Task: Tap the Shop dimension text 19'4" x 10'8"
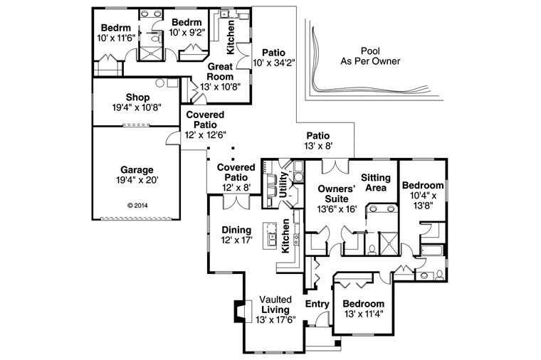137,107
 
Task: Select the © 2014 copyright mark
137,206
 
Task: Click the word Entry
317,304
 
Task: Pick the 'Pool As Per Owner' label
370,56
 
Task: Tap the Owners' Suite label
337,194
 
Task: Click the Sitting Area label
376,183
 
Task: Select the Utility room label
283,185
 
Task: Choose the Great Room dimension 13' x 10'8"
220,87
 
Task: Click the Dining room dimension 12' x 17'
236,240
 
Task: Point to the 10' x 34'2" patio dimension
274,63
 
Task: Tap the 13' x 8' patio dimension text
318,146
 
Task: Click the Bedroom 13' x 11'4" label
364,309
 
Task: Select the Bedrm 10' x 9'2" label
187,27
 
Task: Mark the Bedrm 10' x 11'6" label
116,33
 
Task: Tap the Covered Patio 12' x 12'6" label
205,125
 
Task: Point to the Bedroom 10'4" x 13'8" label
423,195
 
